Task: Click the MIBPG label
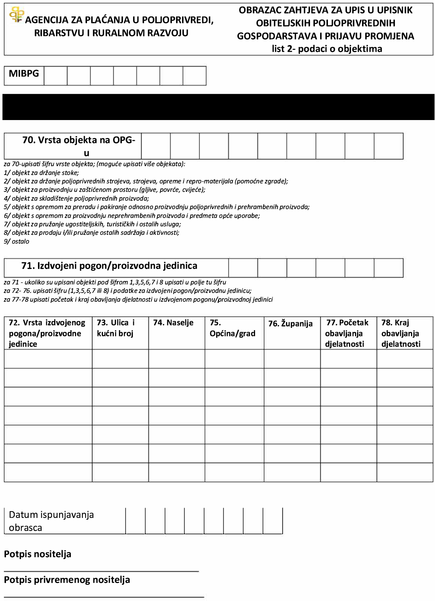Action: click(24, 74)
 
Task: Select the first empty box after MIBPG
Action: click(56, 76)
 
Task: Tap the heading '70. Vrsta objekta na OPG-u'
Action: click(79, 146)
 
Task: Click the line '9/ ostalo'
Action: click(17, 242)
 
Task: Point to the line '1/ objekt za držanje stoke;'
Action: click(41, 173)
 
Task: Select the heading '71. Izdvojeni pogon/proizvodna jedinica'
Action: click(109, 266)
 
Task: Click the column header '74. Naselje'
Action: click(173, 323)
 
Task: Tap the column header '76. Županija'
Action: click(290, 324)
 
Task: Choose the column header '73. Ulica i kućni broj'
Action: click(116, 328)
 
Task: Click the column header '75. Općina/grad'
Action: click(232, 328)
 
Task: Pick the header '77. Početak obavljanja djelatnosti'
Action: click(347, 333)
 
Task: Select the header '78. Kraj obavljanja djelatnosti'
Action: click(401, 333)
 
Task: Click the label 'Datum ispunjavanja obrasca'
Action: click(51, 521)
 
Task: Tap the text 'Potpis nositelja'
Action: click(38, 554)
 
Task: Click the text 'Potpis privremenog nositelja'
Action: click(67, 580)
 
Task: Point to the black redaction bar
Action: click(218, 107)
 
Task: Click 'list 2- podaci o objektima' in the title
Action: click(327, 49)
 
